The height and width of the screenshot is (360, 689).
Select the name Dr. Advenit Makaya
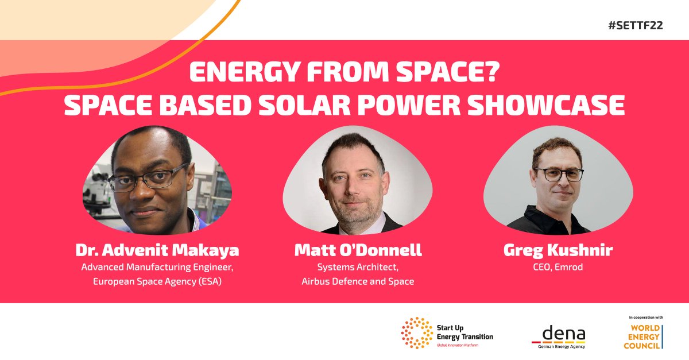tap(157, 251)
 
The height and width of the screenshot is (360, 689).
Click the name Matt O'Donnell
tap(358, 251)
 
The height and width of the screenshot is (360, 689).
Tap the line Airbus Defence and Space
tap(358, 282)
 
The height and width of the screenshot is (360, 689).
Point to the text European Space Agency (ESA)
tap(157, 282)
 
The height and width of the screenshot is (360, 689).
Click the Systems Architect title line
tap(358, 268)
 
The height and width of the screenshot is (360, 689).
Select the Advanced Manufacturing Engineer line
tap(157, 268)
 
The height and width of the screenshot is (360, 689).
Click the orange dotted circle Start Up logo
tap(417, 333)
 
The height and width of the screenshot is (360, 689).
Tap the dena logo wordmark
tap(560, 334)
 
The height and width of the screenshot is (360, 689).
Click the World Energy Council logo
tap(643, 336)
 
